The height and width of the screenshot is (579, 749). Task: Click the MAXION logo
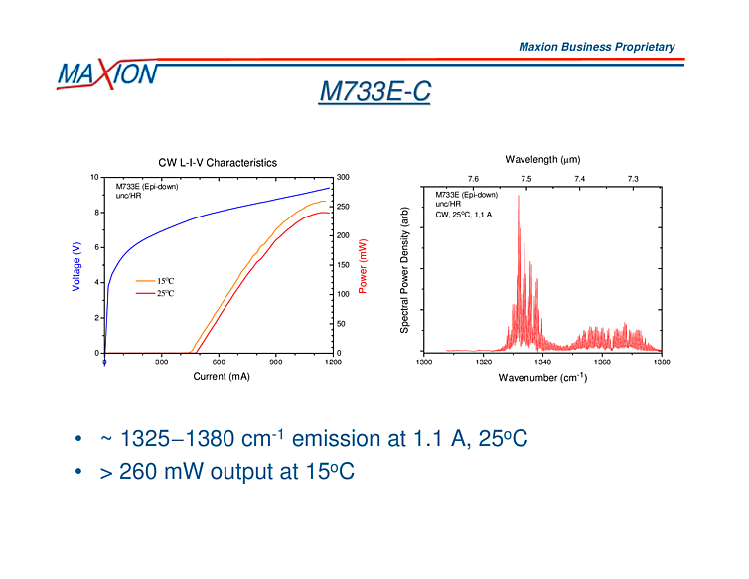pos(106,73)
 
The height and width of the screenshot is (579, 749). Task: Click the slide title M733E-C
pos(374,92)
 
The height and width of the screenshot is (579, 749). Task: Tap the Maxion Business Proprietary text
pos(596,47)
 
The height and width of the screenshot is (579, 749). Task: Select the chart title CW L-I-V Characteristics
pos(218,162)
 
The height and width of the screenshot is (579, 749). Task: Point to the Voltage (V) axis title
pos(76,267)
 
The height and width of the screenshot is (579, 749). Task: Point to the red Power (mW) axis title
pos(363,266)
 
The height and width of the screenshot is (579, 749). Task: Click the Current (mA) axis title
pos(222,377)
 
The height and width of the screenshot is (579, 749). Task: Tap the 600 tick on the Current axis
pos(219,362)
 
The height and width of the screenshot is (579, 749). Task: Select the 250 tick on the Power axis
pos(344,207)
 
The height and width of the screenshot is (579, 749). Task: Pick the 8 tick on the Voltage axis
pos(97,213)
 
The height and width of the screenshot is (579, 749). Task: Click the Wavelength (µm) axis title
pos(542,159)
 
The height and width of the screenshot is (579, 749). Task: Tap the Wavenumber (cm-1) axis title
pos(542,378)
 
